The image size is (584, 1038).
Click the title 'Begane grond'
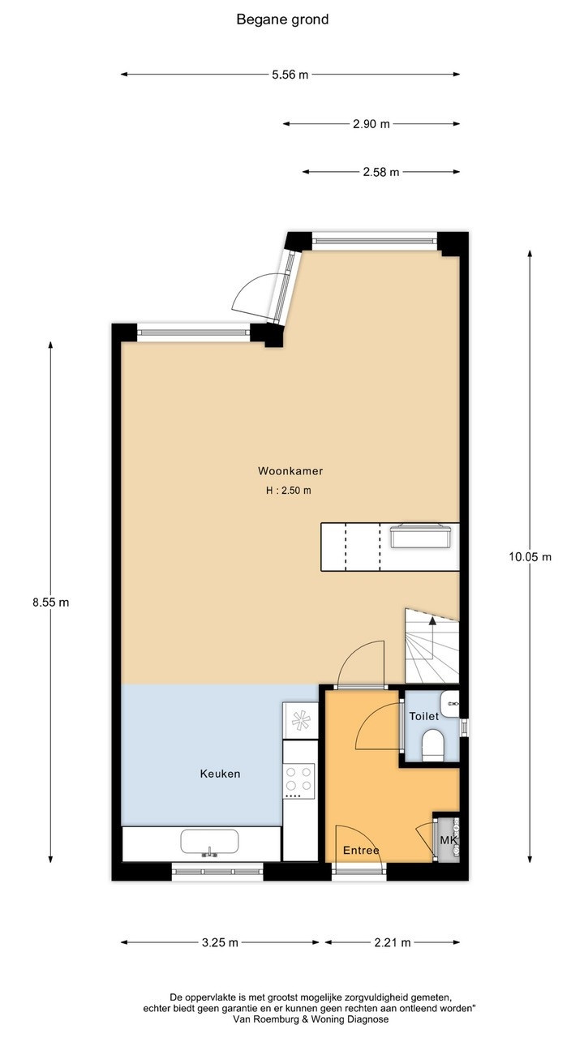(282, 19)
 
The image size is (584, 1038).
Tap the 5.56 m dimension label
(290, 75)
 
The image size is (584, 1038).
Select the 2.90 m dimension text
(371, 124)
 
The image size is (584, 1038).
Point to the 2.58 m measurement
(381, 173)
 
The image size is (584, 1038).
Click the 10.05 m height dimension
(530, 557)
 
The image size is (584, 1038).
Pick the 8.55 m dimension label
(50, 603)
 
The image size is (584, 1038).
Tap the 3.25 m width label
(220, 942)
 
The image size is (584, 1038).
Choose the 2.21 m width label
(393, 942)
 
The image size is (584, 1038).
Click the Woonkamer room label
(290, 471)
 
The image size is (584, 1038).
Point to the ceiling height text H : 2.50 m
(288, 491)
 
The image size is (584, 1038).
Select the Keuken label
(220, 774)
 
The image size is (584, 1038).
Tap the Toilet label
(423, 716)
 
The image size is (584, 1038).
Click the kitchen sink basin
(209, 841)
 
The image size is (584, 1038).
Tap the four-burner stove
(299, 781)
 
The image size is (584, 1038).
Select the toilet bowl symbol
(433, 745)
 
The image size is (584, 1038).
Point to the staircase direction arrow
(432, 637)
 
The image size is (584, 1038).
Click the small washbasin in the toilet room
(450, 703)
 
